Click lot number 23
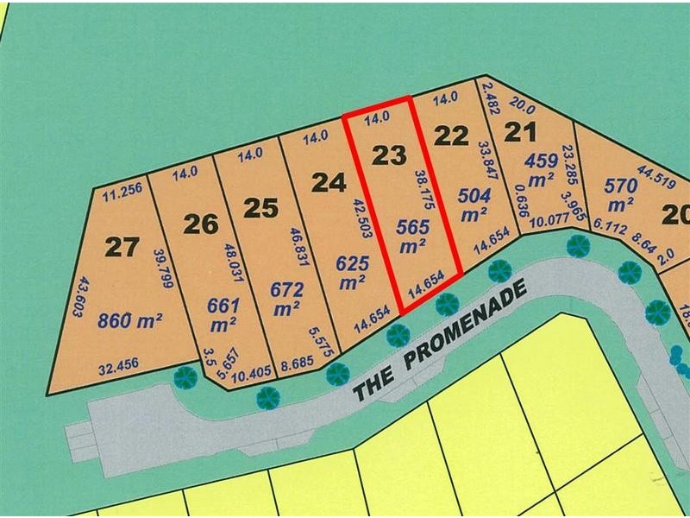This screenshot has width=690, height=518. pos(389,155)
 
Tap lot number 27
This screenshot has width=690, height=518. pos(122,247)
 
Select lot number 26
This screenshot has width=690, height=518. pos(200,224)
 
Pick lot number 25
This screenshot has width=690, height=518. pos(260,207)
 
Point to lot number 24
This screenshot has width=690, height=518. pos(329,182)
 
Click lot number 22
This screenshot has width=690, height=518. pos(451,136)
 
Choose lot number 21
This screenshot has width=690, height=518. pos(519,132)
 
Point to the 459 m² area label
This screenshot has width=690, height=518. pos(541,169)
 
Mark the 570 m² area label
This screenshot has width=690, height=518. pos(620,195)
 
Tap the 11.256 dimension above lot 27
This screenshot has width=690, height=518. pos(121,194)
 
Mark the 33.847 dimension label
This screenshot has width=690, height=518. pos(483,166)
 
